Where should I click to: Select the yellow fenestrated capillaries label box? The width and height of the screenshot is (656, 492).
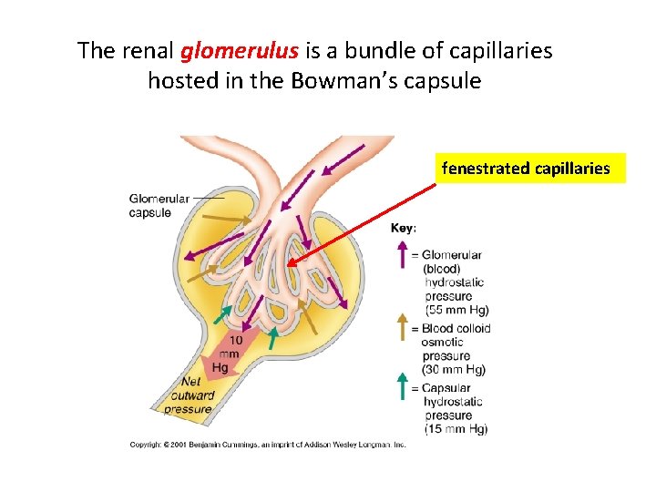click(x=526, y=169)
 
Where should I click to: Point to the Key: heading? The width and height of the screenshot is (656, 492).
click(x=405, y=229)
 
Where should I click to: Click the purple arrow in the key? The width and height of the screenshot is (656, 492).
click(x=401, y=255)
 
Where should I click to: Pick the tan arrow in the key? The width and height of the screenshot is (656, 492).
click(x=401, y=327)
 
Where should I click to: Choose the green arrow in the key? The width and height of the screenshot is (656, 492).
click(x=401, y=385)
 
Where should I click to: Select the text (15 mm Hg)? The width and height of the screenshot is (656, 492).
click(x=456, y=429)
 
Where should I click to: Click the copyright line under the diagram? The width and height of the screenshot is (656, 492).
click(x=267, y=445)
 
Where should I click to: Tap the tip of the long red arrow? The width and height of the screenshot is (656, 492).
click(x=287, y=265)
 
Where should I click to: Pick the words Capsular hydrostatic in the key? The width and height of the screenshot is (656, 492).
click(x=453, y=395)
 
